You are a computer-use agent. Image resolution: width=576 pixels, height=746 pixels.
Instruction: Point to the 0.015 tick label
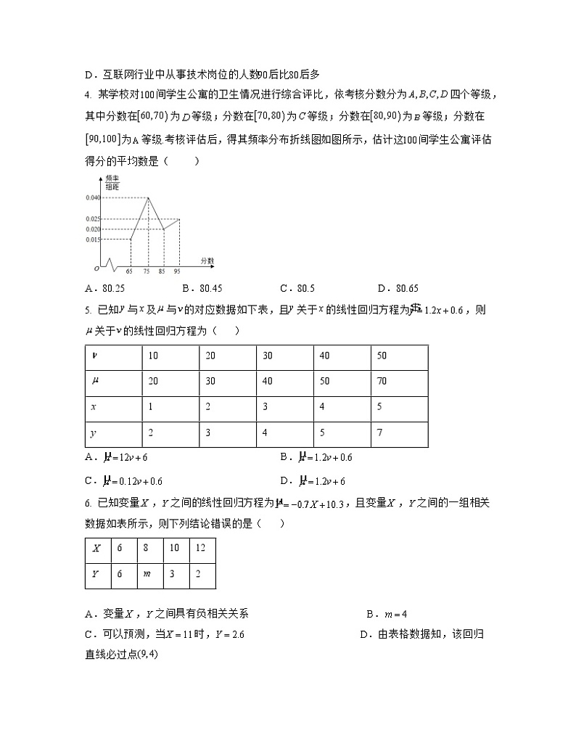click(x=92, y=239)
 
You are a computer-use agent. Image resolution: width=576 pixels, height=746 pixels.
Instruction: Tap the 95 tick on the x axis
click(x=177, y=271)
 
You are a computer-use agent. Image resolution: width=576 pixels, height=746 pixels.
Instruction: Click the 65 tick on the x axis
click(x=129, y=271)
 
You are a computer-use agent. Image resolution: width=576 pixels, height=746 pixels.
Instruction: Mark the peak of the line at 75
click(x=148, y=197)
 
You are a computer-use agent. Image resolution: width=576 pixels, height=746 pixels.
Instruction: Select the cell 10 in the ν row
click(x=153, y=355)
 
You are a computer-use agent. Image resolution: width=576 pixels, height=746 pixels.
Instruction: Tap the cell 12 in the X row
click(x=200, y=548)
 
